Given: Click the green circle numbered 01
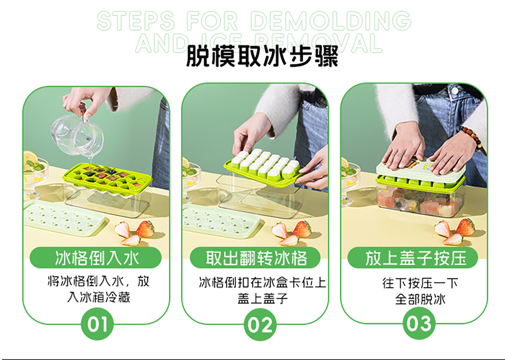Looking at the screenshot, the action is tap(97, 324).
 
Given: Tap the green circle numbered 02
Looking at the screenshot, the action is tap(260, 324).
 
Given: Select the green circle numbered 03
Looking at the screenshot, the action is tap(419, 323).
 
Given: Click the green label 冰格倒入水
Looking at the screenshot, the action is tap(96, 258).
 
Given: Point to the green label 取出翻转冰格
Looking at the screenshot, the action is tap(255, 258).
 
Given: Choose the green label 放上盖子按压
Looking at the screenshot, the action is tap(412, 258).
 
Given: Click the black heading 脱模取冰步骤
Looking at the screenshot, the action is tap(262, 56).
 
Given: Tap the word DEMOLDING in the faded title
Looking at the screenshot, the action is tap(331, 21).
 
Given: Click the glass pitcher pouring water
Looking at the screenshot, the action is tap(77, 135).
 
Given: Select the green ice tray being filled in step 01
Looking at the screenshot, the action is tap(107, 176).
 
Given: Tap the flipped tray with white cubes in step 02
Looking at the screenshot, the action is tap(264, 167).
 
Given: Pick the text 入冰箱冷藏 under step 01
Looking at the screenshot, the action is tap(98, 297).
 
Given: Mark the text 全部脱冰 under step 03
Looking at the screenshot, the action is tap(420, 299).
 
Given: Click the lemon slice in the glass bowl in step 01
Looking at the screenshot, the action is tap(30, 157).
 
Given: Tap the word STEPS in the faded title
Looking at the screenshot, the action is tap(136, 21).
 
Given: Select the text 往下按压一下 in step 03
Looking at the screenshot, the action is tap(420, 283).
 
